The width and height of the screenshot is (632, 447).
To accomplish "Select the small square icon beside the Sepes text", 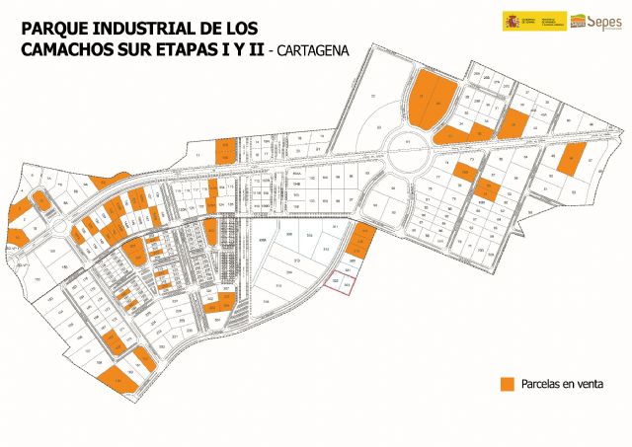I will click(x=577, y=21).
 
